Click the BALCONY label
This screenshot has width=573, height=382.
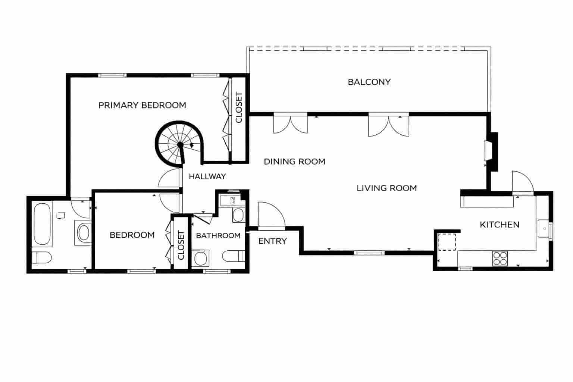click(369, 82)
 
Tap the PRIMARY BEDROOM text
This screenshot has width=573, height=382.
click(142, 105)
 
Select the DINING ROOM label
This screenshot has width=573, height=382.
click(294, 162)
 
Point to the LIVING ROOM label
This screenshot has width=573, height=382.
click(386, 188)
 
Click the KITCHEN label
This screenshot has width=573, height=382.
click(499, 225)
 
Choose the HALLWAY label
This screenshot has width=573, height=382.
click(207, 176)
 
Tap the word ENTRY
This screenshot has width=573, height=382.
click(272, 241)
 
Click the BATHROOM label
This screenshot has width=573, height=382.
click(218, 236)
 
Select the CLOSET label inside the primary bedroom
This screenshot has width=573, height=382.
click(239, 107)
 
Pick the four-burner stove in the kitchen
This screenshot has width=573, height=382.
click(500, 258)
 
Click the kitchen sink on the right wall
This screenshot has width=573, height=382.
click(544, 228)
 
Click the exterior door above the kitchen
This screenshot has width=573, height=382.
click(523, 183)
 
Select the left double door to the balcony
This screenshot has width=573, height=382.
click(291, 123)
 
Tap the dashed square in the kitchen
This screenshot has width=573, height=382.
click(447, 242)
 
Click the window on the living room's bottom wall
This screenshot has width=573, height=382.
click(369, 253)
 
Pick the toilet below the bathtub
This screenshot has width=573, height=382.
click(41, 257)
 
